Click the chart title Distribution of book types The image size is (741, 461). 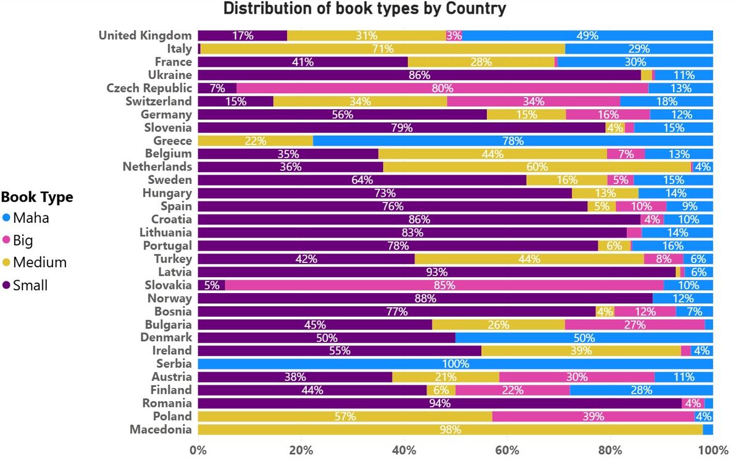click(364, 9)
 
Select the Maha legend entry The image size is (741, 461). click(31, 218)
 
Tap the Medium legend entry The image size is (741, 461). click(40, 262)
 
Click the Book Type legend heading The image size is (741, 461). click(37, 197)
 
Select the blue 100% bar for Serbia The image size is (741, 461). click(456, 364)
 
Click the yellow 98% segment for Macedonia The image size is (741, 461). click(450, 430)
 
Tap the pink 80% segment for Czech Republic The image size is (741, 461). click(442, 88)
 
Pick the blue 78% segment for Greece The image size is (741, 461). click(513, 141)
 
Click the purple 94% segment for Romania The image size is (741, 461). click(440, 403)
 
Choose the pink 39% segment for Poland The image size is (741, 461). click(593, 417)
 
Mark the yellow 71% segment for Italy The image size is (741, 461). click(383, 49)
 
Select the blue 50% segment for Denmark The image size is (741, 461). click(584, 338)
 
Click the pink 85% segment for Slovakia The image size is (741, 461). click(445, 285)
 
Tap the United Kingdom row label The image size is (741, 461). click(145, 36)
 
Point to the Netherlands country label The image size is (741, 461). click(157, 167)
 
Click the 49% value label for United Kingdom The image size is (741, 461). click(587, 36)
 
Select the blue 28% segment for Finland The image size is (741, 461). click(641, 390)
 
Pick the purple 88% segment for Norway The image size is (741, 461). click(425, 299)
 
